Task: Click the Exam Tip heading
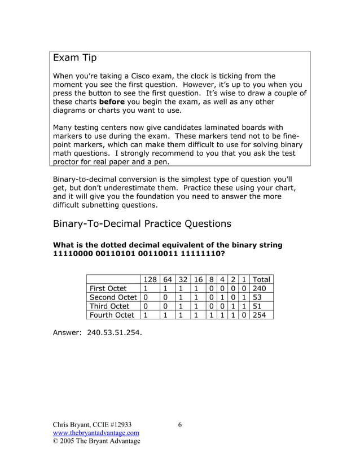(x=74, y=58)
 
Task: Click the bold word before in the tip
(x=112, y=102)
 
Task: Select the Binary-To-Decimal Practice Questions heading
(x=142, y=223)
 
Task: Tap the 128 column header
(x=150, y=279)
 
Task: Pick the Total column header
(x=261, y=279)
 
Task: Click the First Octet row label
(x=108, y=288)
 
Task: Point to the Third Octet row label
(x=109, y=306)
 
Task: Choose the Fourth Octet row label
(x=112, y=315)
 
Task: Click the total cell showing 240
(x=260, y=288)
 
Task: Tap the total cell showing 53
(x=257, y=297)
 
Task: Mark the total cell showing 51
(x=257, y=306)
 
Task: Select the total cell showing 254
(x=260, y=315)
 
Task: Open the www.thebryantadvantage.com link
(x=96, y=433)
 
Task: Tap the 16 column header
(x=197, y=279)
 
